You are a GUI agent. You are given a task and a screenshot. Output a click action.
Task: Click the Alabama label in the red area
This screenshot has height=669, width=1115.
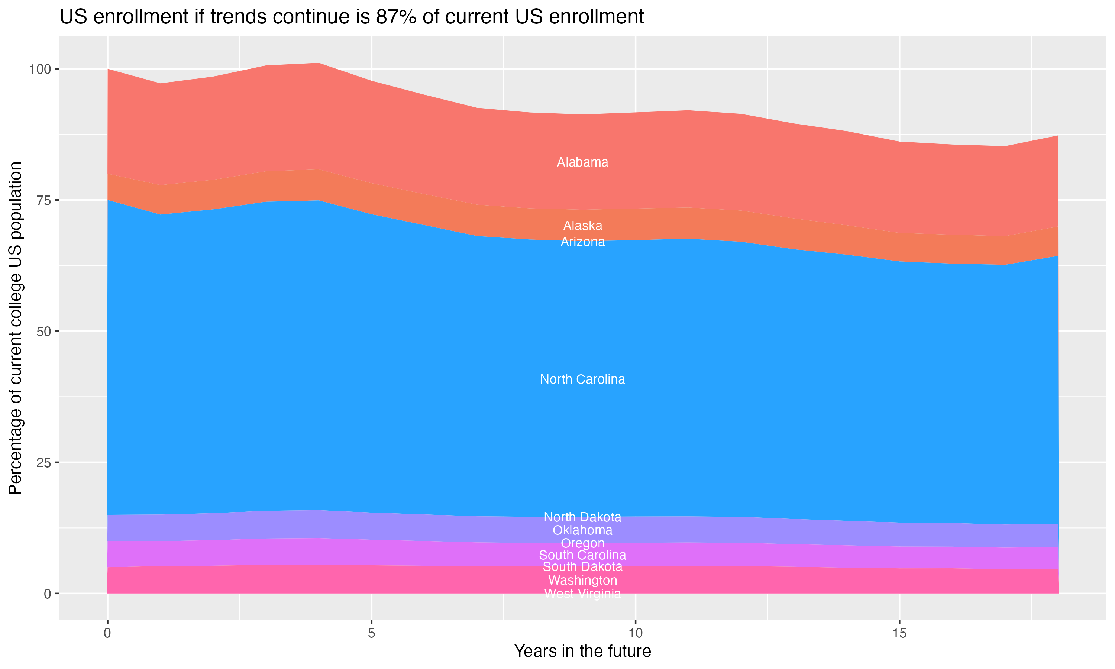582,162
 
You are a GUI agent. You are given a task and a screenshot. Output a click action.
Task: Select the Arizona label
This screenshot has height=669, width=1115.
582,242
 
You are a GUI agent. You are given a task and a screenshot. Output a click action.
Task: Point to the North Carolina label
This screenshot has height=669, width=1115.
582,379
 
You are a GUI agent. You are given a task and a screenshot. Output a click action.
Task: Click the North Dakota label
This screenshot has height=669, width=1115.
582,517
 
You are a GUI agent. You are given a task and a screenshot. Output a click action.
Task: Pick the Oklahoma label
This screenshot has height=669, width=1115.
582,530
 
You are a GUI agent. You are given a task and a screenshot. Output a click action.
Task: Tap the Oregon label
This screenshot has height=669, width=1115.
582,543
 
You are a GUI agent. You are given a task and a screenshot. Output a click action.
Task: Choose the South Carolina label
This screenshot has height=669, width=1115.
582,555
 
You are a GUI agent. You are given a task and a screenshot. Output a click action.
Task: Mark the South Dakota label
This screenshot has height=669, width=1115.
582,567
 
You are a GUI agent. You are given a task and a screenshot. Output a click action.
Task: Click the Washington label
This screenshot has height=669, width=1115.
582,580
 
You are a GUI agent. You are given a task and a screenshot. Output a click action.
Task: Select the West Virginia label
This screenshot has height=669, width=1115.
582,594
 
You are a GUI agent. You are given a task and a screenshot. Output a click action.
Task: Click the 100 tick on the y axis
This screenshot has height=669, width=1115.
40,70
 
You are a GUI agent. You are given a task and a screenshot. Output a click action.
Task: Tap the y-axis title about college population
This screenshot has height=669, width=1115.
15,328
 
